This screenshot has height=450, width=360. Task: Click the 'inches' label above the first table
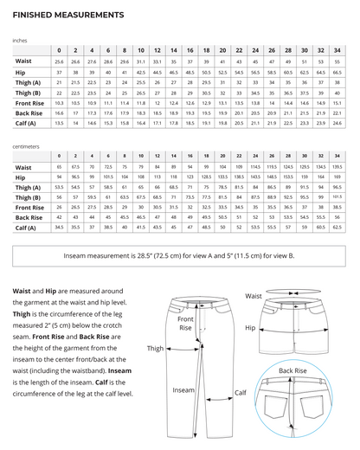[x=20, y=40]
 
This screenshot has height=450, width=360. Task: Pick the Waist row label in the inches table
[x=24, y=63]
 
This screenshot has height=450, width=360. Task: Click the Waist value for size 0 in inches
[x=59, y=63]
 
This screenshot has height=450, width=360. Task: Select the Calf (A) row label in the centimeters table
[x=29, y=228]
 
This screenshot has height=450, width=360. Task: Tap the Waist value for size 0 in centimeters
[x=59, y=167]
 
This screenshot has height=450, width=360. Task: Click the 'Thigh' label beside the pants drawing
[x=156, y=349]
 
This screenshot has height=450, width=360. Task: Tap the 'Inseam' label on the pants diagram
[x=183, y=390]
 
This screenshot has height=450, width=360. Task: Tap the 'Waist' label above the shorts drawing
[x=254, y=296]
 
